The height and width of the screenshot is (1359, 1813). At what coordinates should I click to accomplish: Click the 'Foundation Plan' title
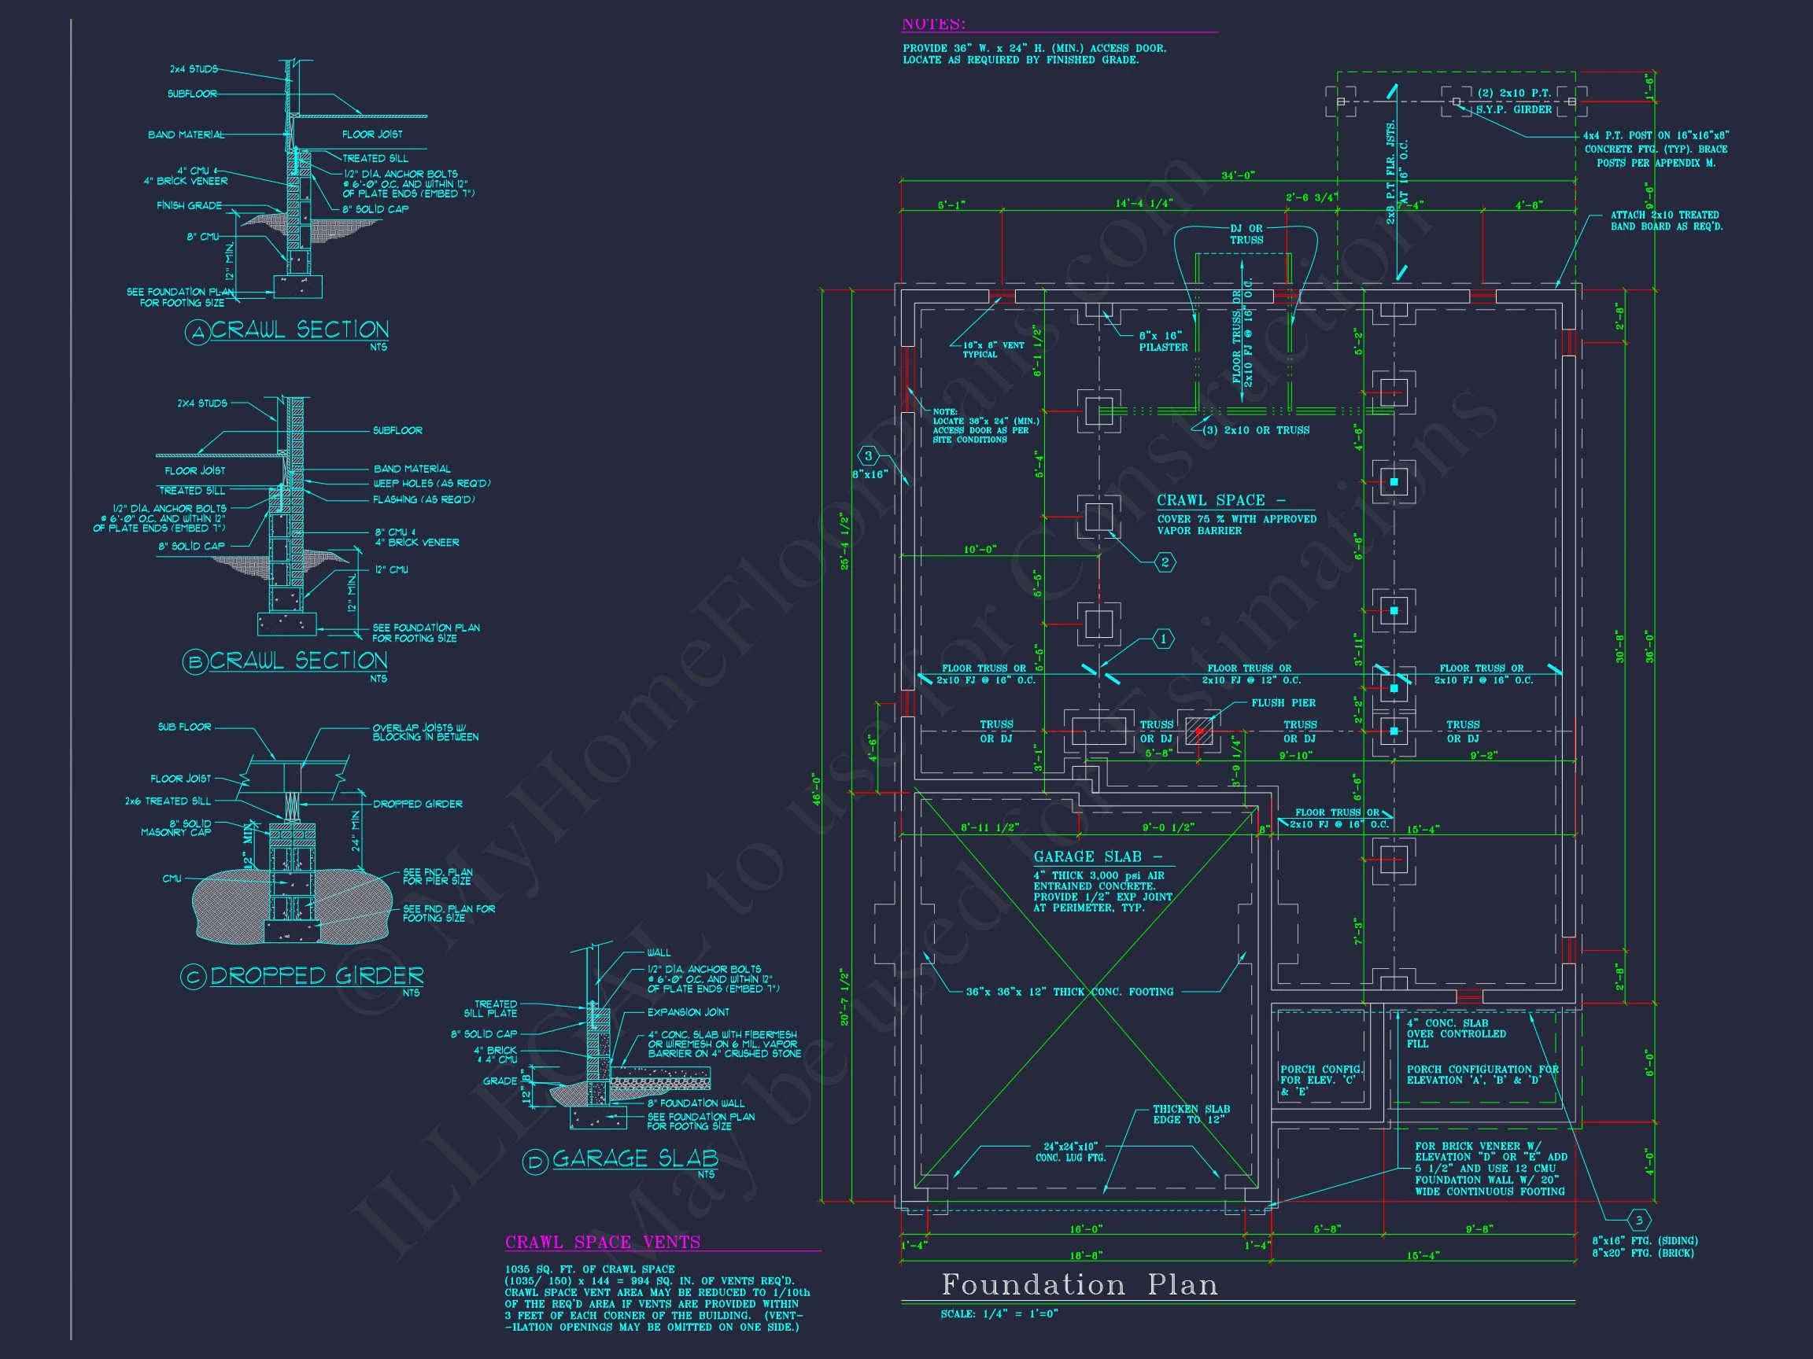pyautogui.click(x=1079, y=1284)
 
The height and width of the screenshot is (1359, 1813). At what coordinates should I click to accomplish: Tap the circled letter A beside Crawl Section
pyautogui.click(x=197, y=333)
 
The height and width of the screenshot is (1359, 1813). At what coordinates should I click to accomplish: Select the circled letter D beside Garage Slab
pyautogui.click(x=534, y=1162)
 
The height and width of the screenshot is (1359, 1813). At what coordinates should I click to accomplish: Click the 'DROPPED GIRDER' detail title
pyautogui.click(x=317, y=976)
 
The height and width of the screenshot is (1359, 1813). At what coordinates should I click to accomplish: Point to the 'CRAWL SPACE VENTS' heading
pyautogui.click(x=603, y=1242)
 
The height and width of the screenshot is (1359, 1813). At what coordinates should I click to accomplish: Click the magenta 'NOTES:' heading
pyautogui.click(x=933, y=24)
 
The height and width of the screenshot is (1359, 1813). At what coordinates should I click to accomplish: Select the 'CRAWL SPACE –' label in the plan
pyautogui.click(x=1220, y=499)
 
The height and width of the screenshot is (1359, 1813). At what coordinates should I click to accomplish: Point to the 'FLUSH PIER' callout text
pyautogui.click(x=1283, y=703)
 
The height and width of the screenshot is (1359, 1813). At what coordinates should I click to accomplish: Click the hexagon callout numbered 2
pyautogui.click(x=1165, y=562)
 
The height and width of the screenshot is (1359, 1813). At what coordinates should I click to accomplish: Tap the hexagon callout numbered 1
pyautogui.click(x=1163, y=639)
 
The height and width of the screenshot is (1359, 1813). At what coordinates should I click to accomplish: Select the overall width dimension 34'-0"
pyautogui.click(x=1238, y=175)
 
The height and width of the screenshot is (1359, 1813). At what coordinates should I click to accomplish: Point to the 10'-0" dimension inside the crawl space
pyautogui.click(x=980, y=550)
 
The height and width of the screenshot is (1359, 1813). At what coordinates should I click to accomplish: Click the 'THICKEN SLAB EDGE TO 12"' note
pyautogui.click(x=1191, y=1114)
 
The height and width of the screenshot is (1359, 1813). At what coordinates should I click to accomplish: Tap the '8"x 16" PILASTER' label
pyautogui.click(x=1162, y=341)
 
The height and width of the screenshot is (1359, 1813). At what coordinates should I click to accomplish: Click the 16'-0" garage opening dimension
pyautogui.click(x=1086, y=1228)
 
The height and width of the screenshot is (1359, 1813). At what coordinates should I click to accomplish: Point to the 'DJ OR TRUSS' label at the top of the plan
pyautogui.click(x=1246, y=234)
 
